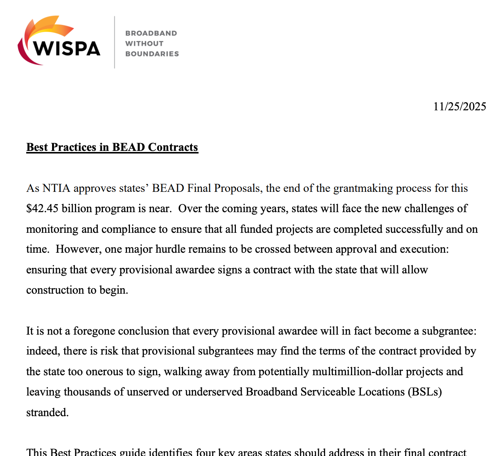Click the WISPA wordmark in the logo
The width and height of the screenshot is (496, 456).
tap(67, 48)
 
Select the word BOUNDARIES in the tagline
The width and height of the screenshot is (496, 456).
tap(152, 54)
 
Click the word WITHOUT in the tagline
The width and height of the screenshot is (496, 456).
tap(144, 44)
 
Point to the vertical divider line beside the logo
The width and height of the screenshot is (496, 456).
tap(114, 42)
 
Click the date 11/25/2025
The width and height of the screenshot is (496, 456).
tap(459, 107)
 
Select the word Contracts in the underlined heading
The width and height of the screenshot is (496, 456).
tap(173, 147)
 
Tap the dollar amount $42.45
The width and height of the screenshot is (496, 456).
tap(42, 208)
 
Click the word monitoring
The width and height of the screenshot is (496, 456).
tap(52, 229)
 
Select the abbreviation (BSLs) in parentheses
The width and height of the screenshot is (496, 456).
tap(425, 392)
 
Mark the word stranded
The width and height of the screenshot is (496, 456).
tap(47, 412)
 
